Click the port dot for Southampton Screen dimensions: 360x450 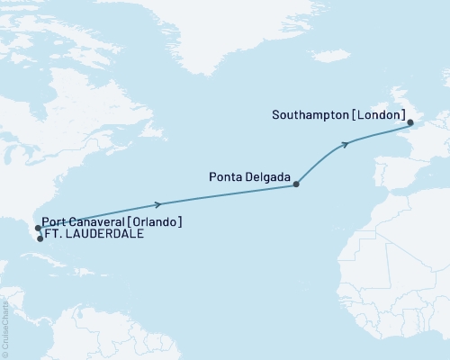click(409, 122)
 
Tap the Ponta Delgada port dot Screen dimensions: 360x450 click(297, 185)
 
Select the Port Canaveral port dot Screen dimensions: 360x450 click(36, 229)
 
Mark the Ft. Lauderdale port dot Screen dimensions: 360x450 click(40, 239)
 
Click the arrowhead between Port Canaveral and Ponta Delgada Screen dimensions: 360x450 click(158, 204)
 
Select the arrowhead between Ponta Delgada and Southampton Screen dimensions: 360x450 click(345, 144)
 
